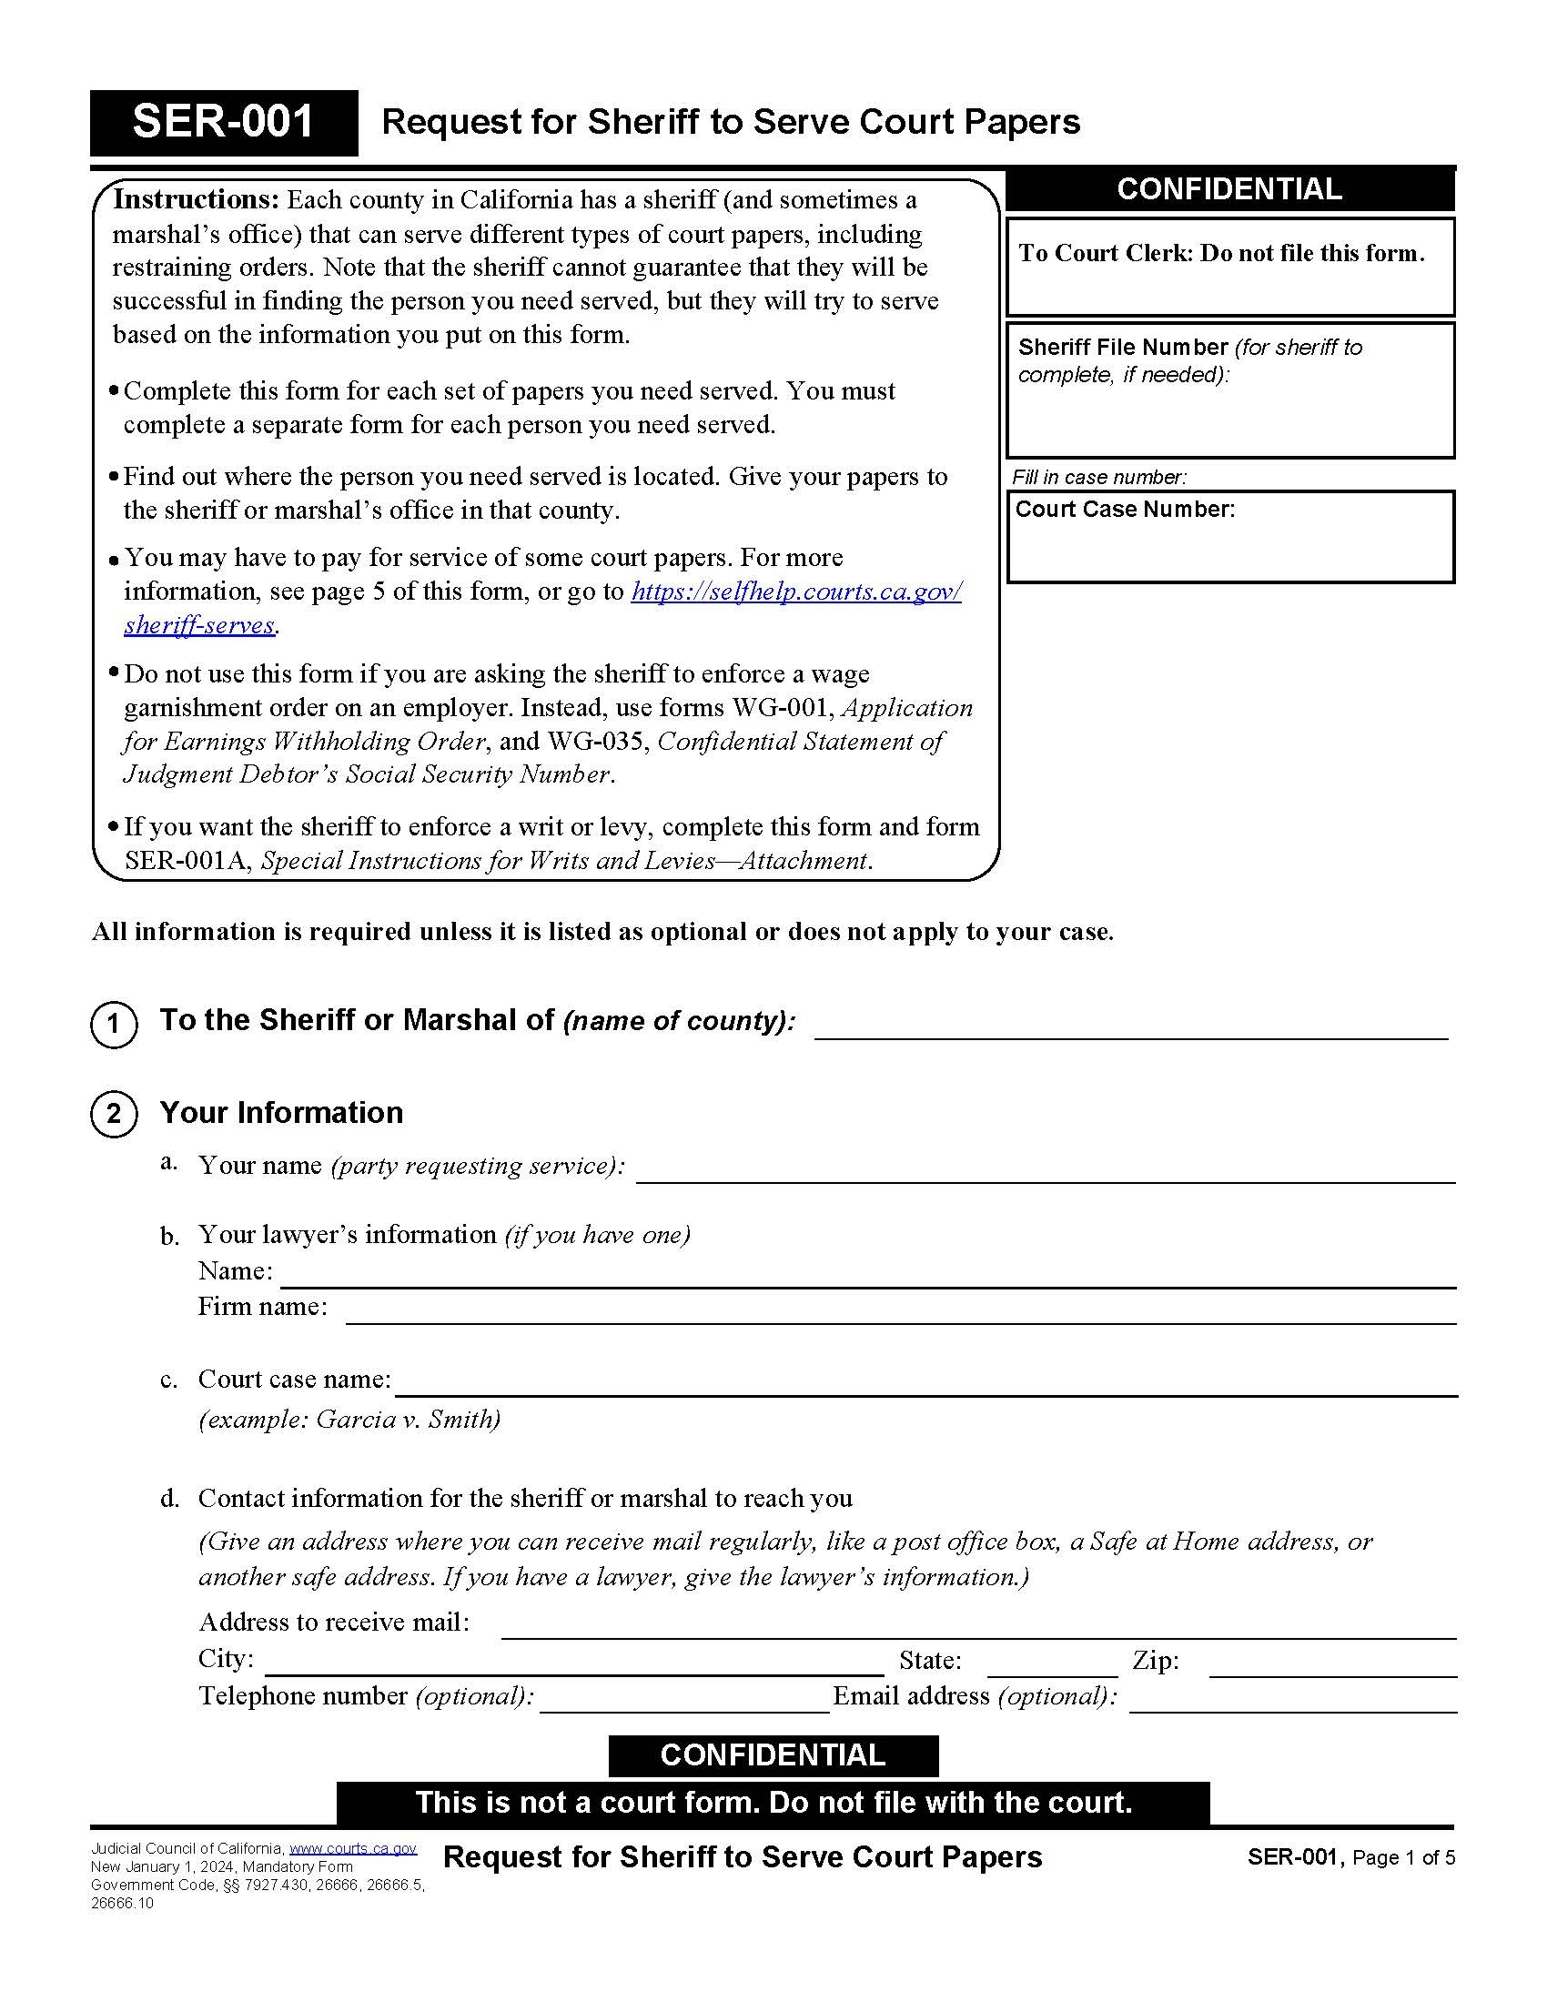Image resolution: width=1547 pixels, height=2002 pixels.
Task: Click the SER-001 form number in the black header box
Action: [223, 122]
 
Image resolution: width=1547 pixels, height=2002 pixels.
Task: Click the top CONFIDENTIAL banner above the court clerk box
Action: [1229, 190]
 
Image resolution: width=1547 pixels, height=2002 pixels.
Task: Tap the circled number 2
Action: [114, 1114]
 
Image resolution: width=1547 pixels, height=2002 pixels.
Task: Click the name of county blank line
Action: [1130, 1026]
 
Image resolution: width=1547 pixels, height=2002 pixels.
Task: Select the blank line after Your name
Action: [1045, 1170]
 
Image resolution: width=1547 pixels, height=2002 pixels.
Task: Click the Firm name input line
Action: [900, 1311]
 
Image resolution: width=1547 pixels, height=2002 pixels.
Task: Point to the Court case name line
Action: [925, 1384]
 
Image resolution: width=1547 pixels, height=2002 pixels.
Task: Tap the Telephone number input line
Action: [684, 1700]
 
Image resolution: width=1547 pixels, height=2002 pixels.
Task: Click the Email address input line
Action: [1292, 1700]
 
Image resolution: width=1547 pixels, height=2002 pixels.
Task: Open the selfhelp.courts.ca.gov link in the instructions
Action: [795, 592]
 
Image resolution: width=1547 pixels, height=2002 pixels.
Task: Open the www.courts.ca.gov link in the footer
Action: [353, 1849]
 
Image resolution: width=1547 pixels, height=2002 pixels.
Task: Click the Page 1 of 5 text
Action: [1403, 1858]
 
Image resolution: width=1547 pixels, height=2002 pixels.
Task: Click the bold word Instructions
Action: [196, 200]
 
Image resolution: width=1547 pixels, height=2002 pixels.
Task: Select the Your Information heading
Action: [281, 1113]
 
